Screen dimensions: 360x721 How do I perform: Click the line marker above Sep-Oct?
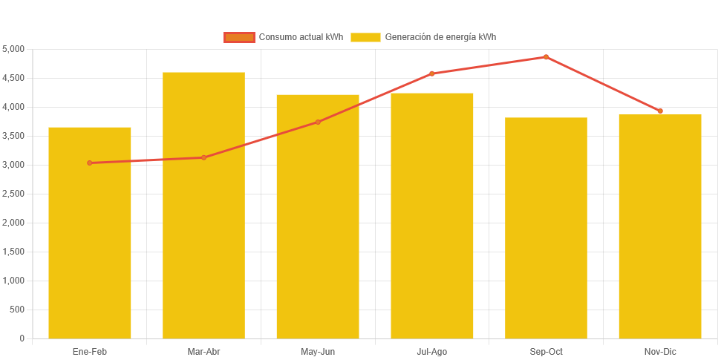coord(546,57)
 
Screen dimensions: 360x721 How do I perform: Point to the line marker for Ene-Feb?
coord(90,163)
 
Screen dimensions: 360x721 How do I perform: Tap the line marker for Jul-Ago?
coord(432,73)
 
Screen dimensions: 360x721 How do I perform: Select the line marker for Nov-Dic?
coord(660,111)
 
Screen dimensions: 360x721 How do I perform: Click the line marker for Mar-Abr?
coord(203,157)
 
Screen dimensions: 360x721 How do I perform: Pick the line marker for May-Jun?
coord(318,122)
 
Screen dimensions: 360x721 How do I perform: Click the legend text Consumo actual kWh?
coord(301,37)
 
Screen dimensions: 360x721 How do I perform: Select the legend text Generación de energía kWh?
coord(440,37)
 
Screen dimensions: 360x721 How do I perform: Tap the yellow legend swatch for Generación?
coord(365,37)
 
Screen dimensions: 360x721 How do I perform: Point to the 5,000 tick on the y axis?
coord(14,49)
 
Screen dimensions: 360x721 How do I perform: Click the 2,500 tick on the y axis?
coord(14,194)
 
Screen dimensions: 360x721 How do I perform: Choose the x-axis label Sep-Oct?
coord(546,351)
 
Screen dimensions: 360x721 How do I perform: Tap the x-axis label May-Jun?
coord(318,351)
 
